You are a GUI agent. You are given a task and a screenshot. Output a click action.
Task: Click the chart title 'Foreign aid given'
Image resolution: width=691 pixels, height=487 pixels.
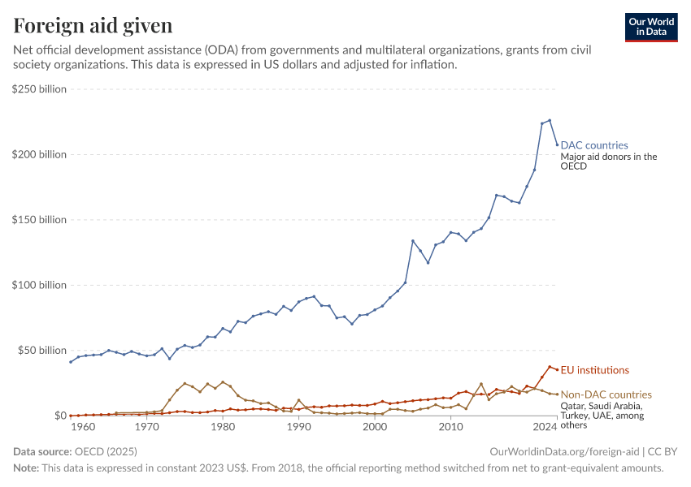coord(93,26)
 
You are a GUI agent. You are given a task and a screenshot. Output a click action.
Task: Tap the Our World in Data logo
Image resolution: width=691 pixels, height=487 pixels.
coord(650,27)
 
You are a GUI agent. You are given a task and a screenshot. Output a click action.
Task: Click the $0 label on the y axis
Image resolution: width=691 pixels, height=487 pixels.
coord(60,416)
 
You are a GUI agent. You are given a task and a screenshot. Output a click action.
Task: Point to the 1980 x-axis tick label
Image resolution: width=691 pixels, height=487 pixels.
coord(223,427)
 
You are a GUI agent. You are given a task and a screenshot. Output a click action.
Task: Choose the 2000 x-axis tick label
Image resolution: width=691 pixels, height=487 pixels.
coord(376,427)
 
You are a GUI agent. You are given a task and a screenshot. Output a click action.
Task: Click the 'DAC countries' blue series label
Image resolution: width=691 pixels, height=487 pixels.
coord(594,145)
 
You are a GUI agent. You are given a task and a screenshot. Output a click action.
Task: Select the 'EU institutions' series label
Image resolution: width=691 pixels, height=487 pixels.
coord(595,370)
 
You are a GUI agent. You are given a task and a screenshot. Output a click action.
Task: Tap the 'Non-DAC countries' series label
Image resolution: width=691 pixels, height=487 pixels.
coord(606,394)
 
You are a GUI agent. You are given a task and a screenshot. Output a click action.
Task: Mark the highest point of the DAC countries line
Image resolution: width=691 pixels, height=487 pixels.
coord(550,120)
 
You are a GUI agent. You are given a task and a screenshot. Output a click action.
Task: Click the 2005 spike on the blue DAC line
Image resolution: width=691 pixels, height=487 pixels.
coord(413,240)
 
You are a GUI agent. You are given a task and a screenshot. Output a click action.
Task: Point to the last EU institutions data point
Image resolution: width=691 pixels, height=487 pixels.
coord(557,369)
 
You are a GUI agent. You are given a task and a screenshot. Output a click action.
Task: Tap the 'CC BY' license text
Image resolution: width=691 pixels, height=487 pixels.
coord(664,451)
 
